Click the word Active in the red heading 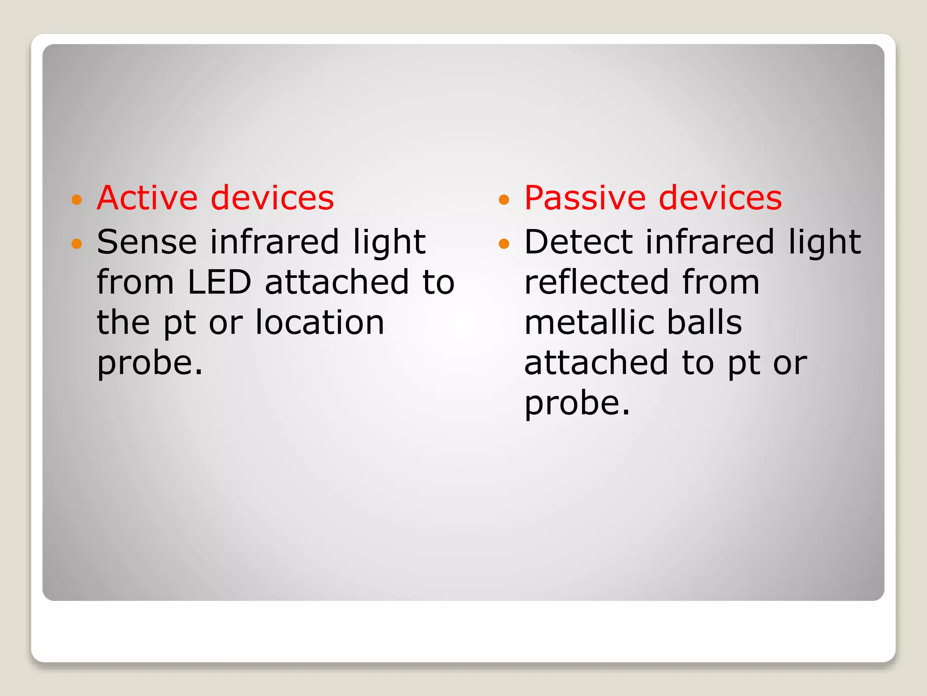(147, 198)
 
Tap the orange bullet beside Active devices (77, 199)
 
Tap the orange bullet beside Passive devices (504, 199)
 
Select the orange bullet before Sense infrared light (77, 244)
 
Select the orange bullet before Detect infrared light (504, 244)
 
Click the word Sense (147, 242)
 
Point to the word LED (219, 282)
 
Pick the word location (320, 323)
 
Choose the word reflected (596, 282)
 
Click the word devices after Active (272, 198)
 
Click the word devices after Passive (720, 198)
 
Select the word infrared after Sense (274, 242)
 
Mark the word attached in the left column (337, 282)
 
